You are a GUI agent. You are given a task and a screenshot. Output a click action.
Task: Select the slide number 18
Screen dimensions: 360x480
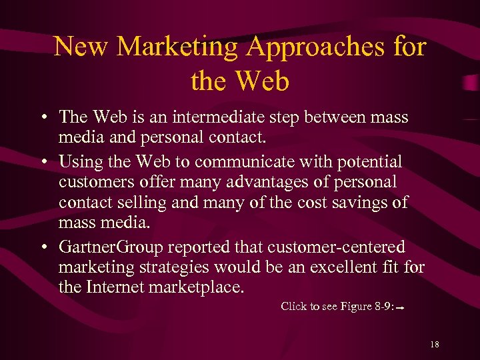435,344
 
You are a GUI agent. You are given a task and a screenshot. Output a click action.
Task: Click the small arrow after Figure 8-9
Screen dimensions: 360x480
403,309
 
